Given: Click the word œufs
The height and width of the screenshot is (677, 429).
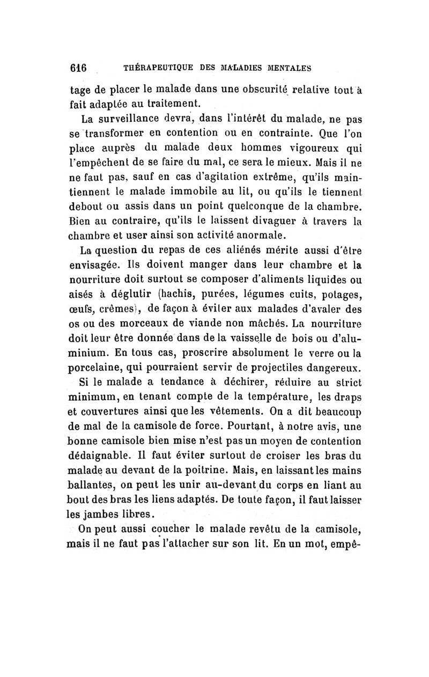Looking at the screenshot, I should pos(84,308).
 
